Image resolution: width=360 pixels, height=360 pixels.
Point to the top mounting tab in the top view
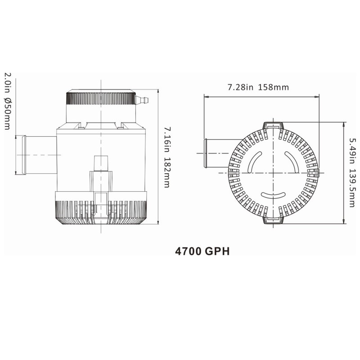[273, 126]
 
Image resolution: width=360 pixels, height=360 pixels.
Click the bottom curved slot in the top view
[273, 194]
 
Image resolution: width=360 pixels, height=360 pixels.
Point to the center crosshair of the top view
[273, 172]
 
